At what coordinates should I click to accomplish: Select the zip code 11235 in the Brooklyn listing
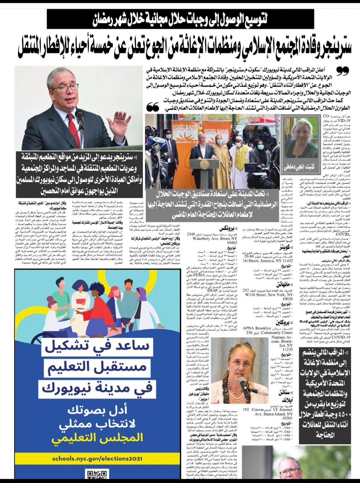tap(288, 349)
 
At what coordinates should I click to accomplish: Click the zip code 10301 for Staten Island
tap(287, 418)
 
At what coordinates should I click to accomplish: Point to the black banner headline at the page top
tap(180, 19)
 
